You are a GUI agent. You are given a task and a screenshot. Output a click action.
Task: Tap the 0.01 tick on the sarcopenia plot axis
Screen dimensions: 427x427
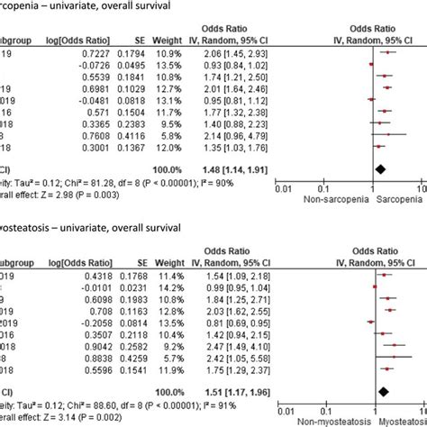pos(282,189)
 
